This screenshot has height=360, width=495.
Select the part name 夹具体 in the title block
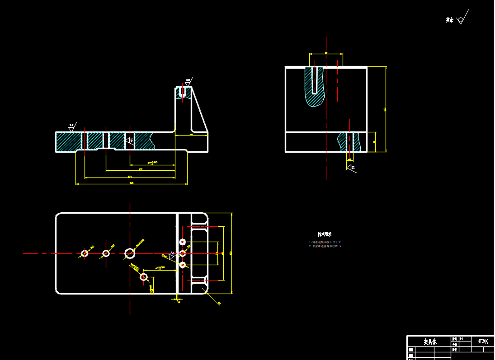point(430,342)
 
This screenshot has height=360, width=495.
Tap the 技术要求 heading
point(324,234)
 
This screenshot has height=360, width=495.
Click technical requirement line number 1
point(325,242)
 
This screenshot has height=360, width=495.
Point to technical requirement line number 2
point(325,246)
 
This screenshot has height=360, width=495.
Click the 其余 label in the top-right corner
point(449,20)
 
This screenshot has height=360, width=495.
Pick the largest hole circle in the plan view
point(130,253)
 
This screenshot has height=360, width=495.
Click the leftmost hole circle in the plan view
point(85,253)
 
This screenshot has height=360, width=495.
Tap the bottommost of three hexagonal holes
point(183,265)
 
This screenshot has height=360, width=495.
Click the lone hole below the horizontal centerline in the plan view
point(144,276)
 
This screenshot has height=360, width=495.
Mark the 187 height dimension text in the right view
point(385,109)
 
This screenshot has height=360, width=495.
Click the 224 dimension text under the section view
point(130,177)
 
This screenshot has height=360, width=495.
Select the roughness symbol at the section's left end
point(72,127)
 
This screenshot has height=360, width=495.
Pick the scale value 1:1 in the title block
point(461,338)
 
